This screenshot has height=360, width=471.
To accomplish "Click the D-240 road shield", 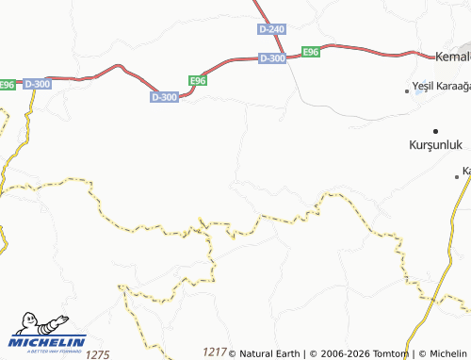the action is click(x=270, y=30).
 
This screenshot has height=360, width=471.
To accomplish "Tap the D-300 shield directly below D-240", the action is click(x=271, y=58).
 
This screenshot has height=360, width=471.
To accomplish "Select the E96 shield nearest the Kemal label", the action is click(x=311, y=52).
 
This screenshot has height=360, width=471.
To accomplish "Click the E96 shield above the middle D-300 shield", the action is click(x=197, y=81).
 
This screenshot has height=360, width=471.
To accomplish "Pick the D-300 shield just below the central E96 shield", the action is click(x=164, y=97).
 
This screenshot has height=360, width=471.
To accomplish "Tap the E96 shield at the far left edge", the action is click(x=7, y=85).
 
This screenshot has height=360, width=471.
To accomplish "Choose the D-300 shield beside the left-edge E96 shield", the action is click(x=37, y=85).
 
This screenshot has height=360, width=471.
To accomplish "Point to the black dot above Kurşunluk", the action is click(x=435, y=130).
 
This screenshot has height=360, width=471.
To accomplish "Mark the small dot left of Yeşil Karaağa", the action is click(x=407, y=91).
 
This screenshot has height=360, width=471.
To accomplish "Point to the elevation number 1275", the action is click(x=98, y=354).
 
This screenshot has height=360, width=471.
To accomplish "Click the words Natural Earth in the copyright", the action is click(x=270, y=353).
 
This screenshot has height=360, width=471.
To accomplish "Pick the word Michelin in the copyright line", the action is click(x=447, y=353).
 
